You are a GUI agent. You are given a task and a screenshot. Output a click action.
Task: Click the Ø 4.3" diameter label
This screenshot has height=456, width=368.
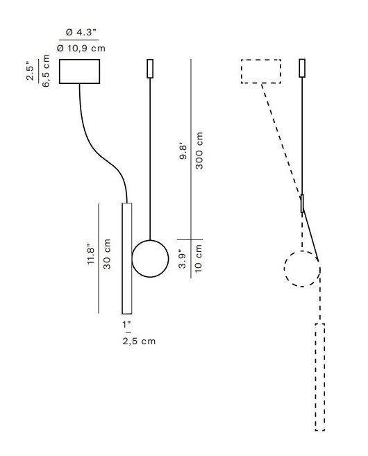tap(81, 32)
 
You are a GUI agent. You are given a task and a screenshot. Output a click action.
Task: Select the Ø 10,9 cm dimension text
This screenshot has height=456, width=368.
tap(81, 48)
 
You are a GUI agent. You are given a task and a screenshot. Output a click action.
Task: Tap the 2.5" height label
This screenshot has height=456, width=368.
tap(30, 71)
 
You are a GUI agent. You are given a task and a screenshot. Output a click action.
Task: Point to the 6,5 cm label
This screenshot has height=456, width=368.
tap(46, 71)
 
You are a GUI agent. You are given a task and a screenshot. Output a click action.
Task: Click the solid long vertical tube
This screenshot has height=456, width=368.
tap(127, 258)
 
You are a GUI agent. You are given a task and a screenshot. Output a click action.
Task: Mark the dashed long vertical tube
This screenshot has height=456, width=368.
tap(320, 377)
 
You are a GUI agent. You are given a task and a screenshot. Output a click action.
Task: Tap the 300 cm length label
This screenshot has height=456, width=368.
tap(199, 151)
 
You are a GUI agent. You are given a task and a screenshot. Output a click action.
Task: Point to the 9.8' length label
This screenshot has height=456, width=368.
tap(183, 153)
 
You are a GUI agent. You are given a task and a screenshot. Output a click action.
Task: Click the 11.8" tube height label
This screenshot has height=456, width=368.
tap(91, 252)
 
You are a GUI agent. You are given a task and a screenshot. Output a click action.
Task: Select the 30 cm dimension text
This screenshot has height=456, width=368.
tap(107, 254)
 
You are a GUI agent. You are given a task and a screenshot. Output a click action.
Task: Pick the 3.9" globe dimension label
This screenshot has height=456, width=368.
tap(183, 259)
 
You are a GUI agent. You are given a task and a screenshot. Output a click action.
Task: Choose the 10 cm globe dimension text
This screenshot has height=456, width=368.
tap(199, 258)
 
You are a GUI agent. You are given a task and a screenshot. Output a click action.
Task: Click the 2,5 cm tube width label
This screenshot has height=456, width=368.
tap(139, 341)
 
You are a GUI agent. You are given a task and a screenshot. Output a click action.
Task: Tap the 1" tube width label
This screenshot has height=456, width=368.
tap(126, 324)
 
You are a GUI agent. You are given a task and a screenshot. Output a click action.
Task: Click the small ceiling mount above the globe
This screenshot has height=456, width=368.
tap(150, 69)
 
